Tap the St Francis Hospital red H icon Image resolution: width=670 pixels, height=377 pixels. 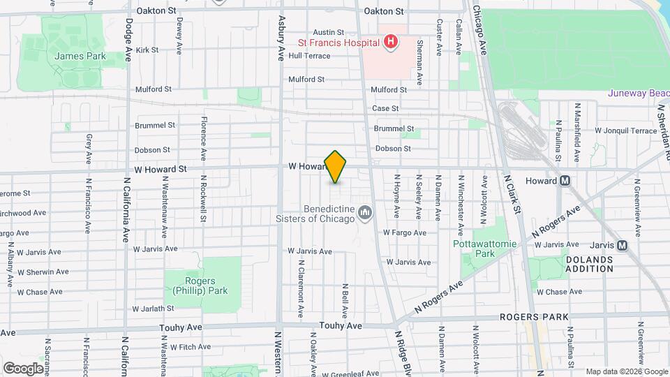click(391, 43)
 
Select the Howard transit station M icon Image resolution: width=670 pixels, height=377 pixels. click(565, 181)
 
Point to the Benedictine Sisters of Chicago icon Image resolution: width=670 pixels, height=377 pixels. click(364, 212)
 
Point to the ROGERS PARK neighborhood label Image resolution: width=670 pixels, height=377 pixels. click(534, 317)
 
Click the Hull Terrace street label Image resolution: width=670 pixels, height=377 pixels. click(308, 56)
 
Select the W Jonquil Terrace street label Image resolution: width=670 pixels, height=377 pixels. click(625, 131)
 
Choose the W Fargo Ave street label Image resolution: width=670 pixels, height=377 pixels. click(404, 232)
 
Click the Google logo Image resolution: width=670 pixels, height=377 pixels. click(23, 368)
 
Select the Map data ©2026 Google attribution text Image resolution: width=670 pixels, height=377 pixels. click(626, 371)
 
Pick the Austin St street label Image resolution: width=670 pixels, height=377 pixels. click(328, 32)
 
